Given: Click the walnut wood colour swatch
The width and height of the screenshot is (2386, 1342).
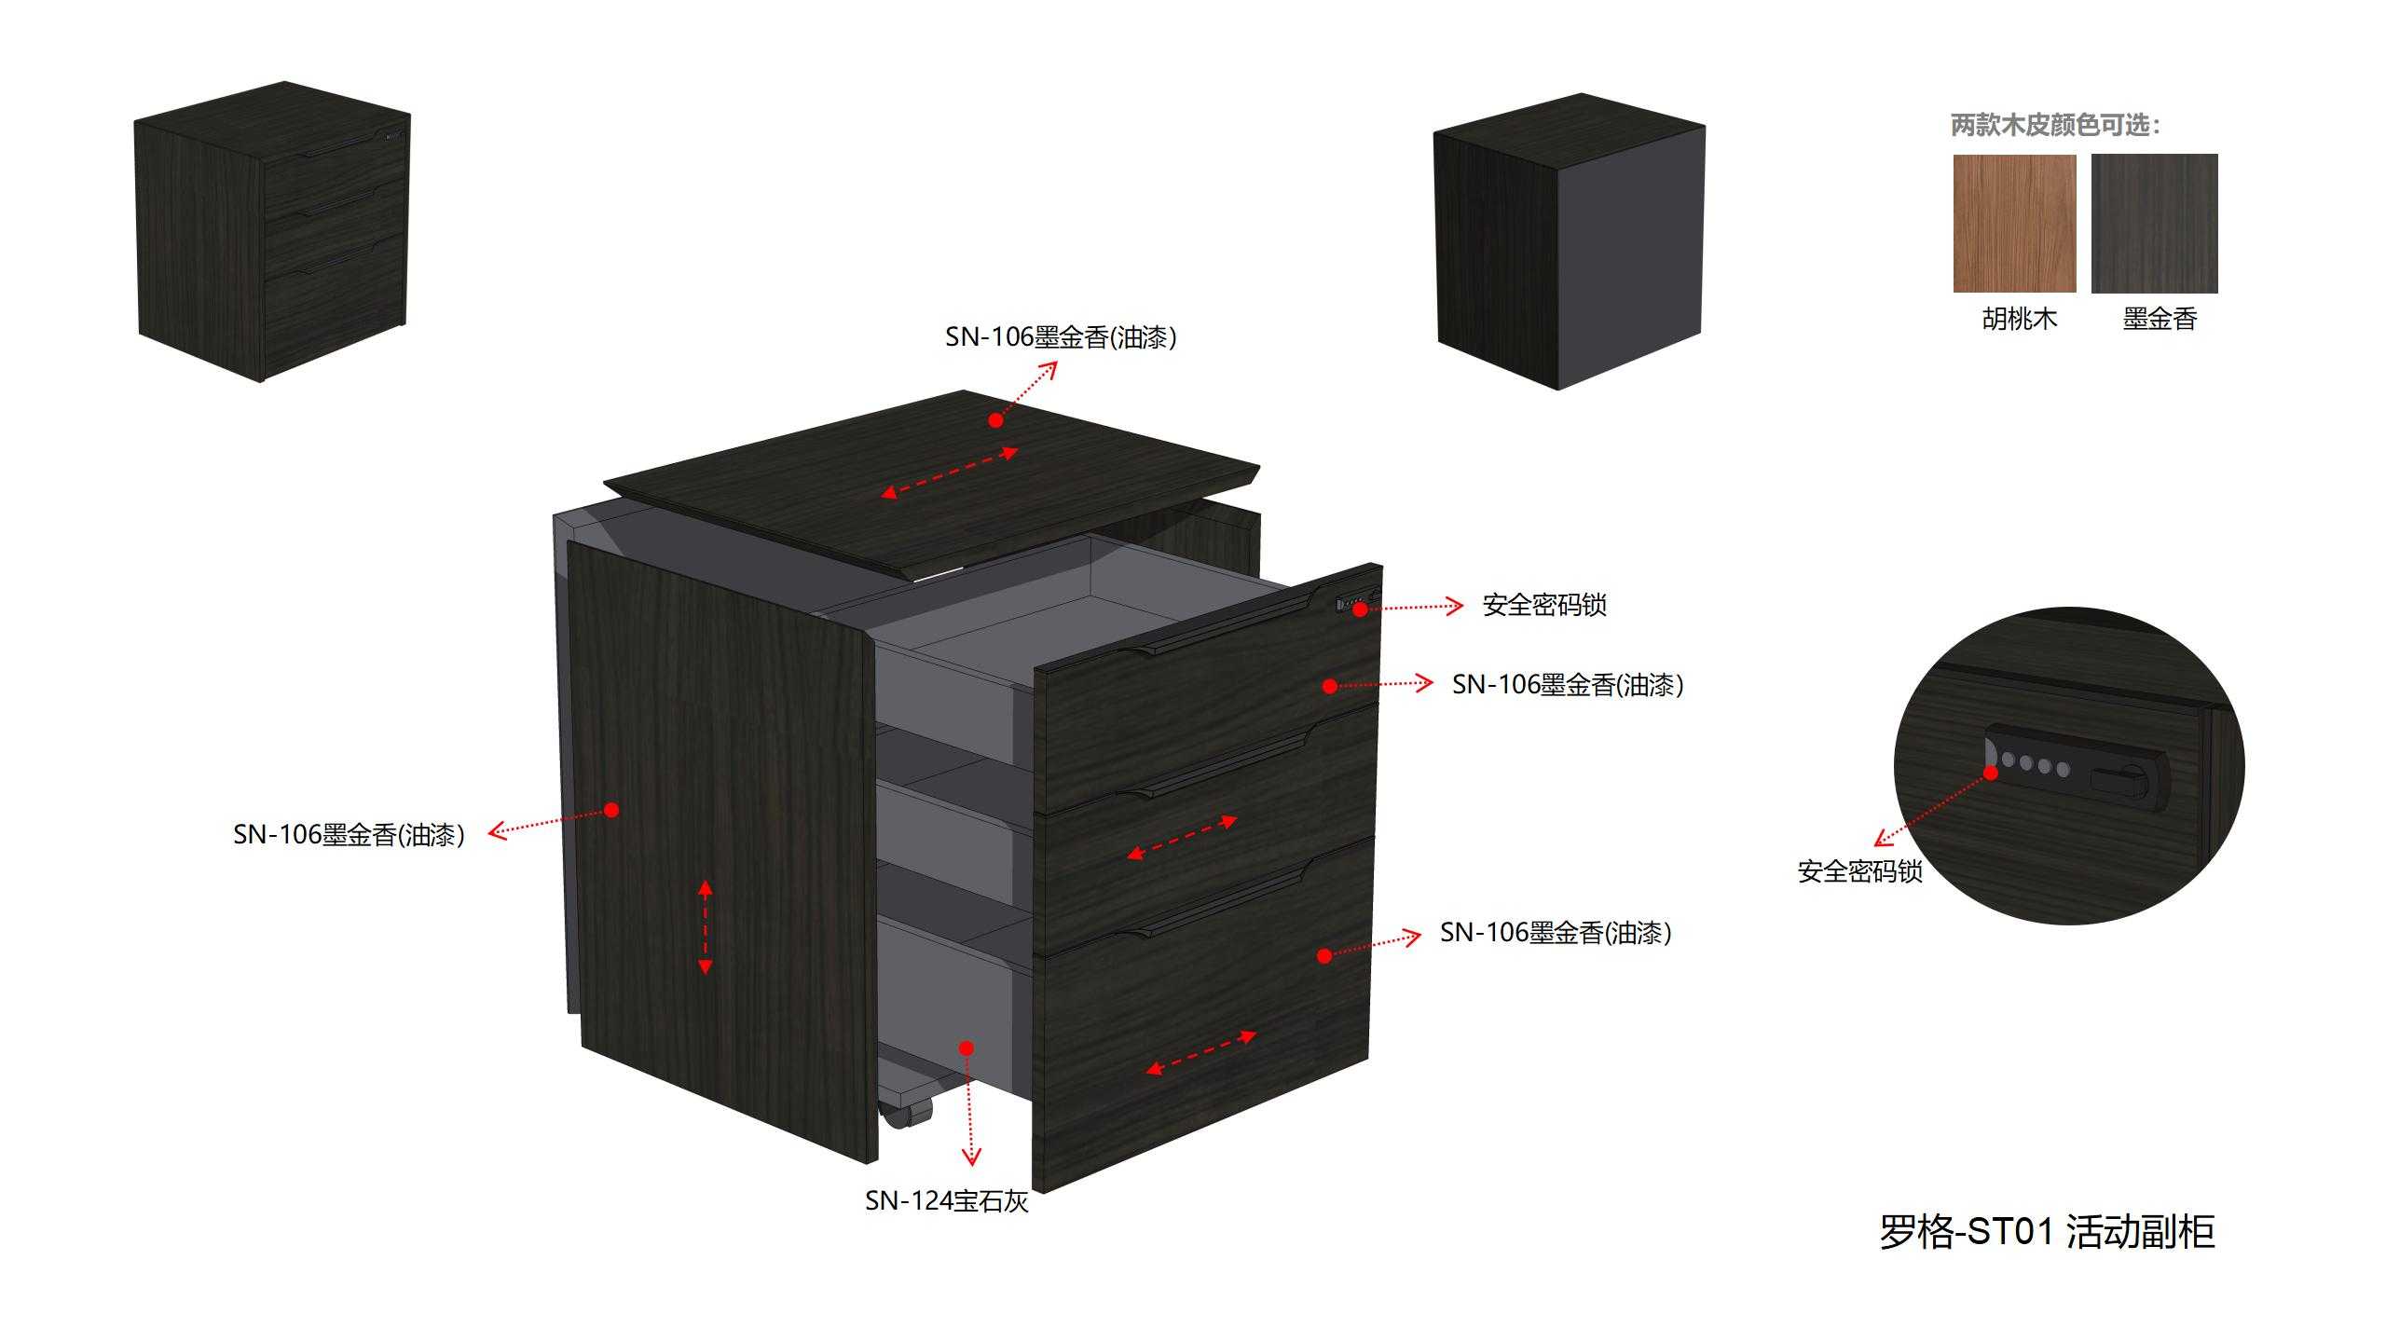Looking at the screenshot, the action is pos(2014,223).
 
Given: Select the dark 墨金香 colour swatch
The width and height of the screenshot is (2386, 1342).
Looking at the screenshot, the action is pos(2154,223).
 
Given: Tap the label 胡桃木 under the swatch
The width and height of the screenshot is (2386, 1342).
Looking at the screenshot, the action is pos(2019,319).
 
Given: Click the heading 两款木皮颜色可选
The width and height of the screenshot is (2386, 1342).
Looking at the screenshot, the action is pos(2054,125).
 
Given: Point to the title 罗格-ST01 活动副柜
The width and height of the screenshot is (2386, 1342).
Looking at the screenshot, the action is pos(2047,1232).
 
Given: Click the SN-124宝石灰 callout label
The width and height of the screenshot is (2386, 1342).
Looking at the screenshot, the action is pos(947,1200).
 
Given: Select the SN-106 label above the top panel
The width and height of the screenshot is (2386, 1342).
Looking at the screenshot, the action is pos(1061,336).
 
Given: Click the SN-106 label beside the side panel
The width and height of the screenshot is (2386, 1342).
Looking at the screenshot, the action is pos(349,834).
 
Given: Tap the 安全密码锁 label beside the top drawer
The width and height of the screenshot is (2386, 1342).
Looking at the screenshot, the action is pos(1544,605).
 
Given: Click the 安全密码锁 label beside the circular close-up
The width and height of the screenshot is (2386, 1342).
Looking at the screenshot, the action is pos(1859,871).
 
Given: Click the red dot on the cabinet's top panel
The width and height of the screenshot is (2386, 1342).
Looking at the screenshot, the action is pos(995,420).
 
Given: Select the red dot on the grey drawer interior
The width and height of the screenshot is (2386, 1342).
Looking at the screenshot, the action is pos(967,1048).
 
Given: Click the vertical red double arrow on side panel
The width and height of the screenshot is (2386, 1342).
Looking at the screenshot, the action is pos(706,927).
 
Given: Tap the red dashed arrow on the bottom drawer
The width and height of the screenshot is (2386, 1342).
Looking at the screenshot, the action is pos(1201,1052).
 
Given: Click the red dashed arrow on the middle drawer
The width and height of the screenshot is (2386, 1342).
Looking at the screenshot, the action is pos(1182,837).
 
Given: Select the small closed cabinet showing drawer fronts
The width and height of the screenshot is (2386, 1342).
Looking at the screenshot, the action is pos(272,231).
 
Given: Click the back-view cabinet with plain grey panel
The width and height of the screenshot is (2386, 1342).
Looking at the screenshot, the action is pos(1570,240).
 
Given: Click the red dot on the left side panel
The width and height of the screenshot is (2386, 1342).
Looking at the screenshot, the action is pos(611,810).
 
